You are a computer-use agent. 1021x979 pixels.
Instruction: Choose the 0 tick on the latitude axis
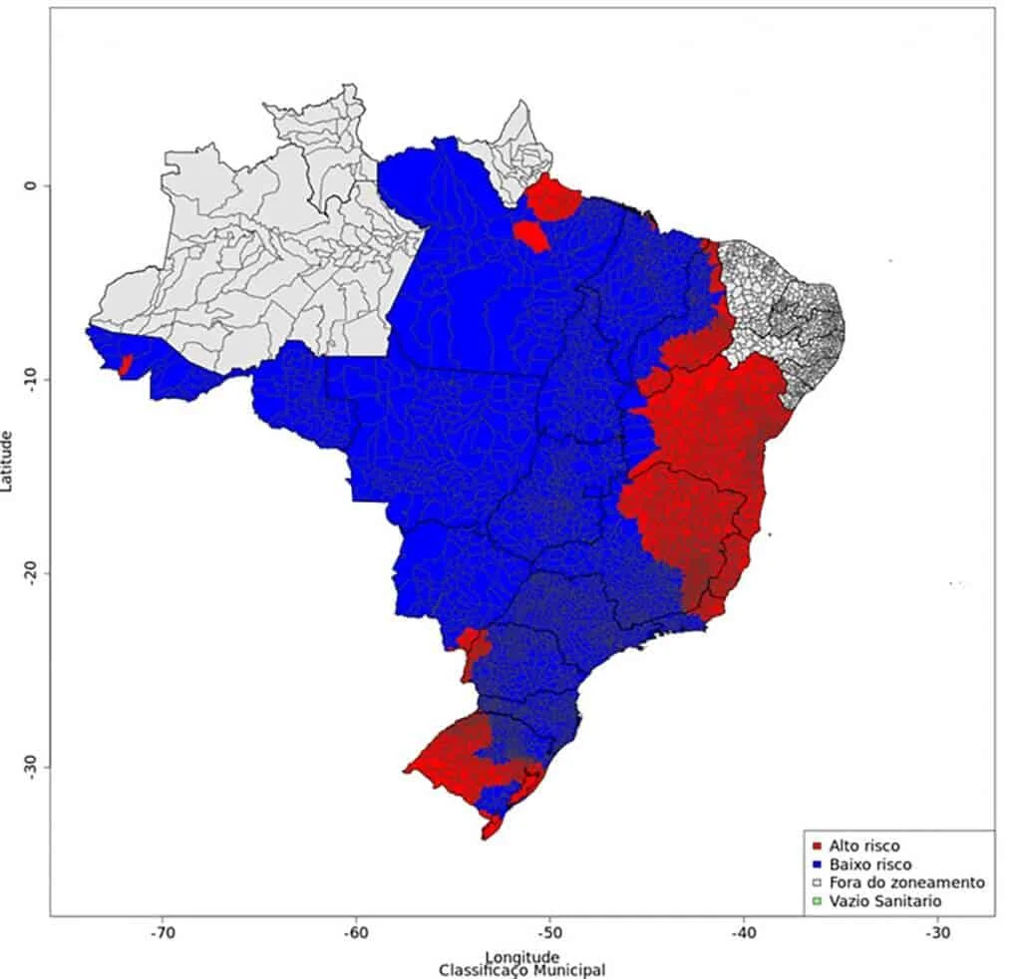point(31,185)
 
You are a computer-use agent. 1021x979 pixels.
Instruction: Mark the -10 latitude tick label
point(31,379)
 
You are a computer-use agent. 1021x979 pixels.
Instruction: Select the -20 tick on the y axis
point(31,572)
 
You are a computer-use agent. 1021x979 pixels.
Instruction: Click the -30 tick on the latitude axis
point(31,766)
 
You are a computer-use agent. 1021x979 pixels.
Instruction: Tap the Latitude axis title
point(9,461)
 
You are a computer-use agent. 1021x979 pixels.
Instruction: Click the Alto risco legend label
point(863,846)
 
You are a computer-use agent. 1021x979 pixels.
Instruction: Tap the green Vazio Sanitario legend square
point(818,901)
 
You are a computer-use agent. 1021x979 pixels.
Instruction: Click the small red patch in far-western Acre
point(125,365)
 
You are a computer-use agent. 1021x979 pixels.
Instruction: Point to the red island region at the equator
point(554,197)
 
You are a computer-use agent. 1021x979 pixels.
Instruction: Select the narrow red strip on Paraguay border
point(473,653)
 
